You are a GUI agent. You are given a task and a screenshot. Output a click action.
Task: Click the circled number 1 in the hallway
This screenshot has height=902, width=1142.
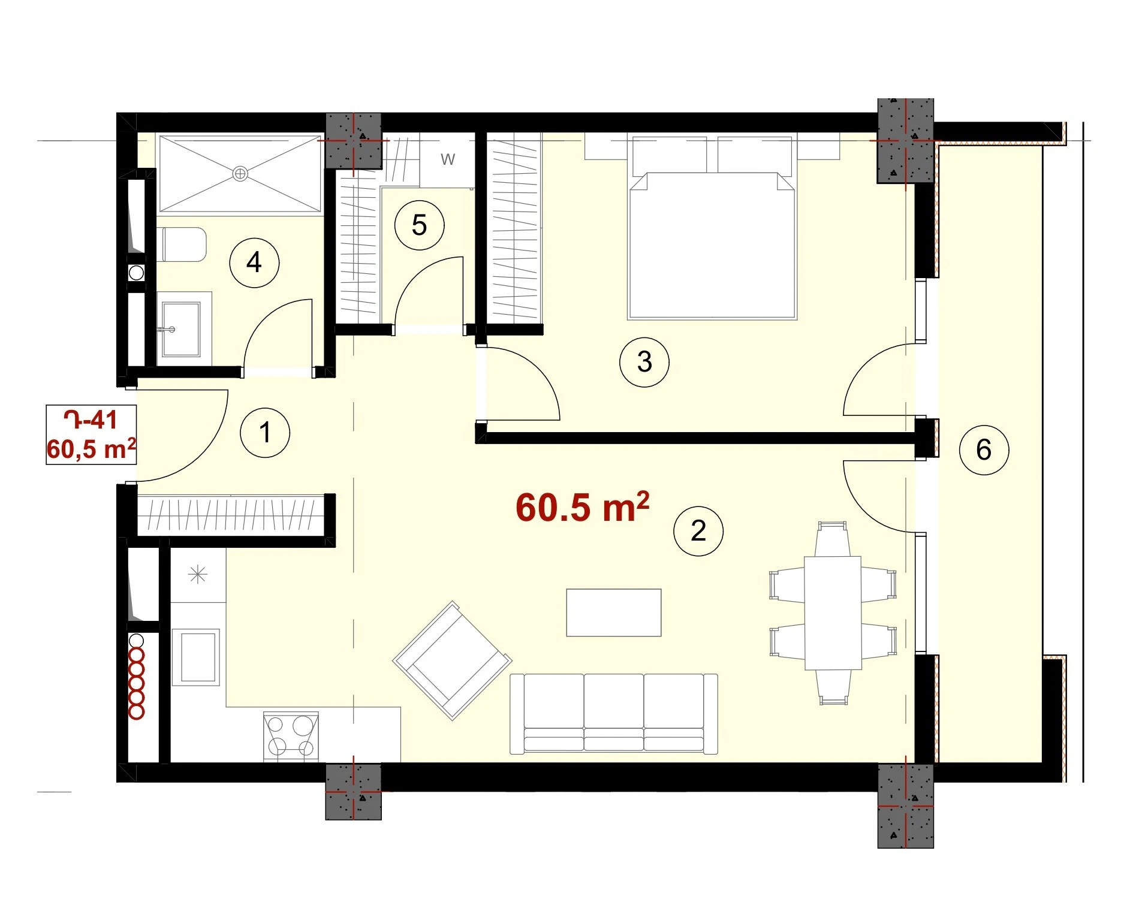click(264, 433)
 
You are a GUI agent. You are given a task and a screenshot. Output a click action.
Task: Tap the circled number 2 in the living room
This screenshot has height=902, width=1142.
click(698, 531)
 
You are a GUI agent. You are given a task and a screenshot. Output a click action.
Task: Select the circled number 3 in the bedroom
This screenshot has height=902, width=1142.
click(644, 362)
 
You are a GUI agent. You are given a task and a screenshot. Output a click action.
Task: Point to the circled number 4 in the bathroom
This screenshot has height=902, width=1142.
click(254, 263)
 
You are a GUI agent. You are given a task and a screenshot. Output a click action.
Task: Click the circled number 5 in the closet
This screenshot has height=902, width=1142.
click(420, 225)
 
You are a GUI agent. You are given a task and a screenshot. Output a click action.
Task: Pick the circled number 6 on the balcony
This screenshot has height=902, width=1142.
click(984, 450)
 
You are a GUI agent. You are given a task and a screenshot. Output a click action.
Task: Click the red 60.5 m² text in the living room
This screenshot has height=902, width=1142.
click(582, 508)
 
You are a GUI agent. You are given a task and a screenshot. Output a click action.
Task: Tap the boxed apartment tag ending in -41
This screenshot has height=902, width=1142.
click(91, 435)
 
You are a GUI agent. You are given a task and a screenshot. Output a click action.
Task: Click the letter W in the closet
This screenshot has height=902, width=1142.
click(448, 159)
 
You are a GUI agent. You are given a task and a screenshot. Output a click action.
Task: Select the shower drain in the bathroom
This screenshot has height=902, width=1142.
click(240, 174)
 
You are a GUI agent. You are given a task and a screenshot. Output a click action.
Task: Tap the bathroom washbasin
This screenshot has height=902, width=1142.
click(181, 329)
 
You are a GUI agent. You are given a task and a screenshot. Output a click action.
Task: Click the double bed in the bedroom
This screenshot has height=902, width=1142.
click(712, 228)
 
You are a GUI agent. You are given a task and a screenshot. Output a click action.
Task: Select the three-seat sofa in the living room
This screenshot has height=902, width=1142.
click(614, 713)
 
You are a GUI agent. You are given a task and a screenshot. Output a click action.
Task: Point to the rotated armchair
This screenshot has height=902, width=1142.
click(452, 660)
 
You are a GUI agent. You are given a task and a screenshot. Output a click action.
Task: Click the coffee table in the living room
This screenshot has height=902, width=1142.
click(614, 613)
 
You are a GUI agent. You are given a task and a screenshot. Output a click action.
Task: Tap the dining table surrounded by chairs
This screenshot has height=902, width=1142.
click(833, 613)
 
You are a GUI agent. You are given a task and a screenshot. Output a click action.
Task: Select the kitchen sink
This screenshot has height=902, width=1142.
click(196, 657)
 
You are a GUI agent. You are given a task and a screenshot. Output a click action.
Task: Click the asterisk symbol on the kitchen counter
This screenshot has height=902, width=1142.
click(198, 575)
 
